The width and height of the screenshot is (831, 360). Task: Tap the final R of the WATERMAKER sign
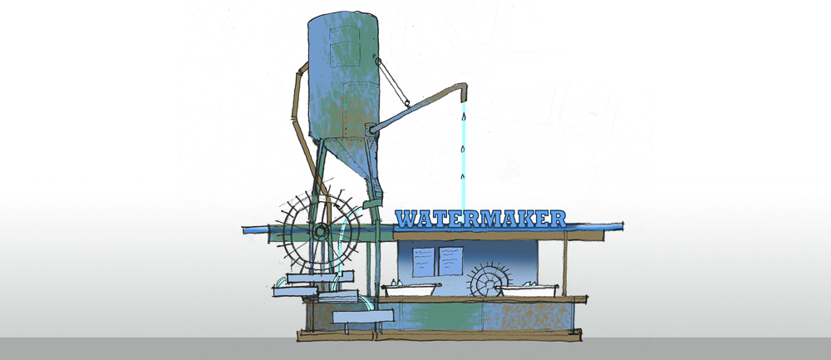pos(557,219)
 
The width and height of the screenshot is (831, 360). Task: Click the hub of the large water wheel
pos(320,231)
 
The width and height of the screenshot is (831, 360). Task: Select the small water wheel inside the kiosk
pos(490,279)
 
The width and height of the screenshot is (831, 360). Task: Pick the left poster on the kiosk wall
pos(423,261)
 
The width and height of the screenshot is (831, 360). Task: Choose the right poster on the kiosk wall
pos(450,261)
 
